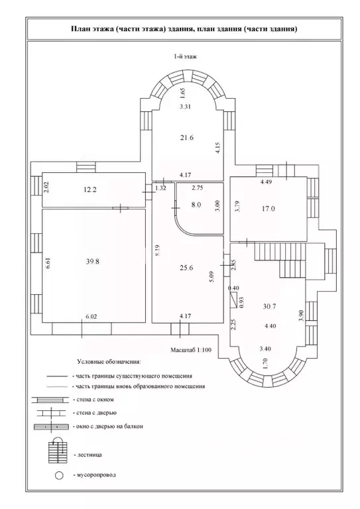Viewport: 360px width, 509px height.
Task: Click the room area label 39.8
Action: [x=93, y=261]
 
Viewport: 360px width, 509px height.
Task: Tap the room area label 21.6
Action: [x=187, y=138]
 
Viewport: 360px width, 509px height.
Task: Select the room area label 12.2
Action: [x=90, y=190]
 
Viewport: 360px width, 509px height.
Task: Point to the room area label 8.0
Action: [x=196, y=205]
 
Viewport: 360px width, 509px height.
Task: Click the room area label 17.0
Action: [x=268, y=209]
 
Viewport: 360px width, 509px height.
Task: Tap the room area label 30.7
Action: [x=269, y=306]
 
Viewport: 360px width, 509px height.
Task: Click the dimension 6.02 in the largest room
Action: [x=91, y=316]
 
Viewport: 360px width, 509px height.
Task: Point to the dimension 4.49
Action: [x=266, y=182]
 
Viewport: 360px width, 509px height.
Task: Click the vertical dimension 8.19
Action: [x=157, y=251]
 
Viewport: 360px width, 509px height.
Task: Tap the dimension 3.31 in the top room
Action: [x=185, y=107]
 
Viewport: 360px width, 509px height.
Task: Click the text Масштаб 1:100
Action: [x=191, y=350]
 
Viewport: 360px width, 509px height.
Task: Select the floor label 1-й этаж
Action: [x=186, y=56]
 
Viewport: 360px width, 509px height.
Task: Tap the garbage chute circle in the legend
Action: [x=59, y=476]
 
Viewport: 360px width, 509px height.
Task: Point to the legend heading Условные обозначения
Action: [x=109, y=361]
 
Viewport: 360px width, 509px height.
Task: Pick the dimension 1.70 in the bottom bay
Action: [x=265, y=363]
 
